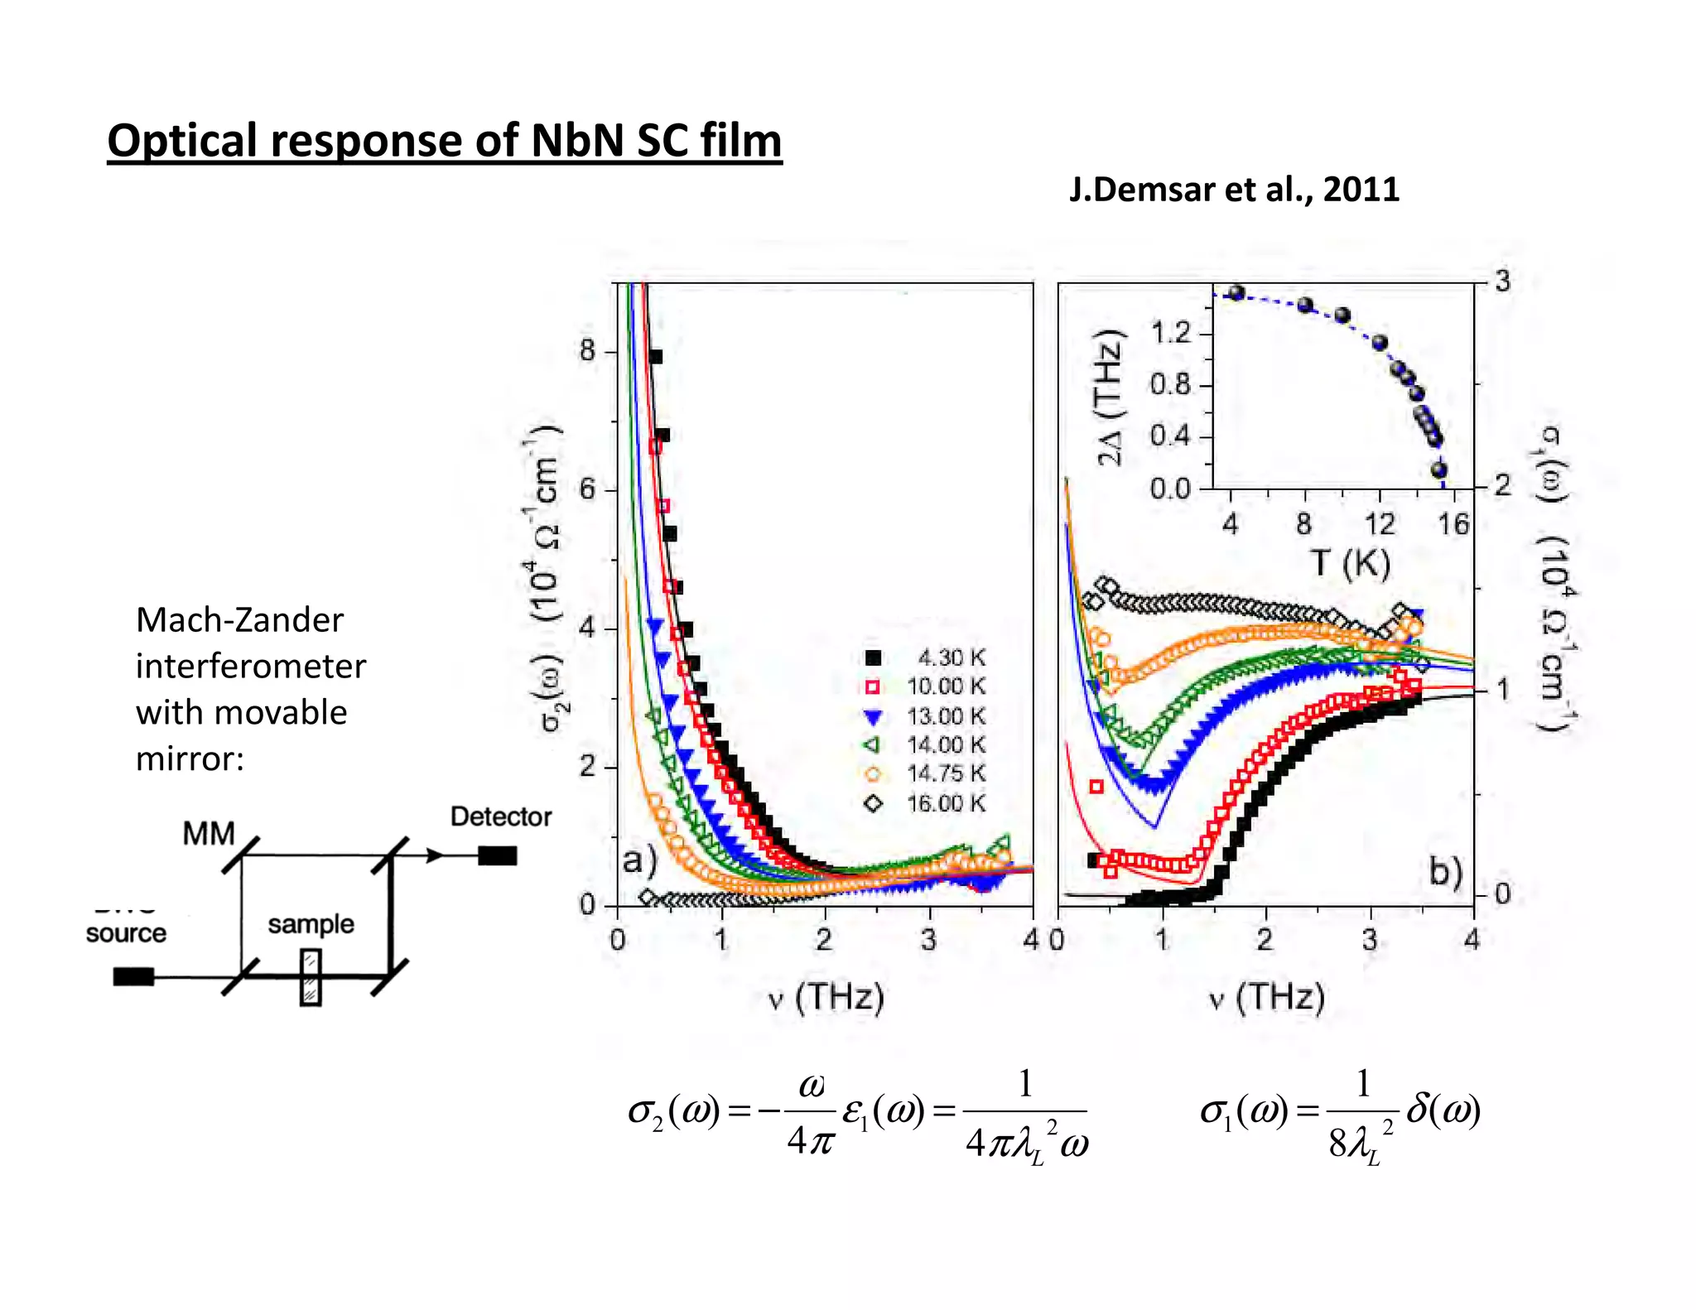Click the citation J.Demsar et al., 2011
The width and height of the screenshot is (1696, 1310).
(1233, 190)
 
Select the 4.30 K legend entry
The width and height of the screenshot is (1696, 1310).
(926, 657)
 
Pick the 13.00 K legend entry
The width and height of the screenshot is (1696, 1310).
(926, 716)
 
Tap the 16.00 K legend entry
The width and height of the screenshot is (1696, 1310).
(926, 803)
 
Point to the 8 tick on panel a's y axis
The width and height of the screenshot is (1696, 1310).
(588, 350)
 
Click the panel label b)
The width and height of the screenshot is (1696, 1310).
(1446, 871)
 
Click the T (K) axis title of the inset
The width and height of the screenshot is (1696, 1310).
(1351, 563)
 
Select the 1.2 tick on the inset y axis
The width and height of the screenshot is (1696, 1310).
(1170, 333)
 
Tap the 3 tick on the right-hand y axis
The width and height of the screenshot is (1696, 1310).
(1502, 282)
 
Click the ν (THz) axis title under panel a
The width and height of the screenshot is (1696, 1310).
(826, 997)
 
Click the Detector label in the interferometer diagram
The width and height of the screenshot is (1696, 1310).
(501, 816)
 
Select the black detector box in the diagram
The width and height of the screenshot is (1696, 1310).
(497, 855)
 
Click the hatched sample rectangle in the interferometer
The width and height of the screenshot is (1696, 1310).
(311, 978)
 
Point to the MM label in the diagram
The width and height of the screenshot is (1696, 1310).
(209, 833)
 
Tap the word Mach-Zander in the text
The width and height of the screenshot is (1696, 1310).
(239, 620)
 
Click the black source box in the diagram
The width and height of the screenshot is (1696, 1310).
(133, 976)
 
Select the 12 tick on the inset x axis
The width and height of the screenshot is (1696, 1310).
(1380, 524)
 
